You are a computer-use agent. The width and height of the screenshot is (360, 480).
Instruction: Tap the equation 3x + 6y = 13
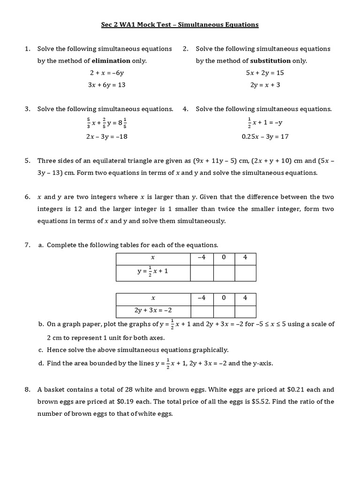tap(106, 85)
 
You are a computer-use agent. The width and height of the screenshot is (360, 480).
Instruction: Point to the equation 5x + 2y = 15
tap(265, 73)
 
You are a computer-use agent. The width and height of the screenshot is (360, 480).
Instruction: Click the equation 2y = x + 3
tap(265, 85)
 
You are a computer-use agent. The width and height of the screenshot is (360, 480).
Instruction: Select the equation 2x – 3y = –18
tap(106, 136)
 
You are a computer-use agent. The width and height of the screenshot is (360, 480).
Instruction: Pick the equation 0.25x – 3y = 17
tap(265, 136)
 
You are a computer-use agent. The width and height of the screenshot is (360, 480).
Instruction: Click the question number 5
tap(28, 160)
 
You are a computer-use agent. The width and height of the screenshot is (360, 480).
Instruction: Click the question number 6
tap(28, 197)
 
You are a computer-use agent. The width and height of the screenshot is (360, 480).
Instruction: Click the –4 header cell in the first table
tap(202, 257)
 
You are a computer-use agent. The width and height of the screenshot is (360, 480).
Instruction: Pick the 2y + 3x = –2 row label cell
tap(153, 311)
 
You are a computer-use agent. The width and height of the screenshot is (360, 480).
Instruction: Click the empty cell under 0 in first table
tap(224, 272)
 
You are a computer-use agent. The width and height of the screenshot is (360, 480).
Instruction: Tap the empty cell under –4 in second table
tap(202, 311)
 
